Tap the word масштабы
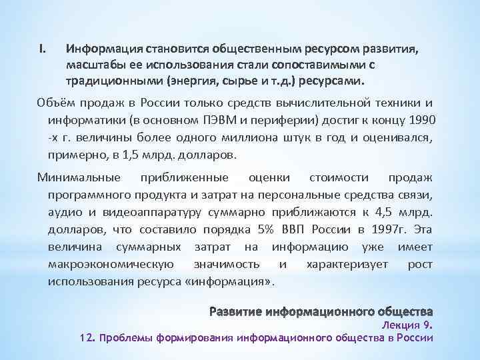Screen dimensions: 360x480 click(95, 65)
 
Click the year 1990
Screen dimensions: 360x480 click(417, 119)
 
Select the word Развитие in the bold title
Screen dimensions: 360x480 click(236, 311)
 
